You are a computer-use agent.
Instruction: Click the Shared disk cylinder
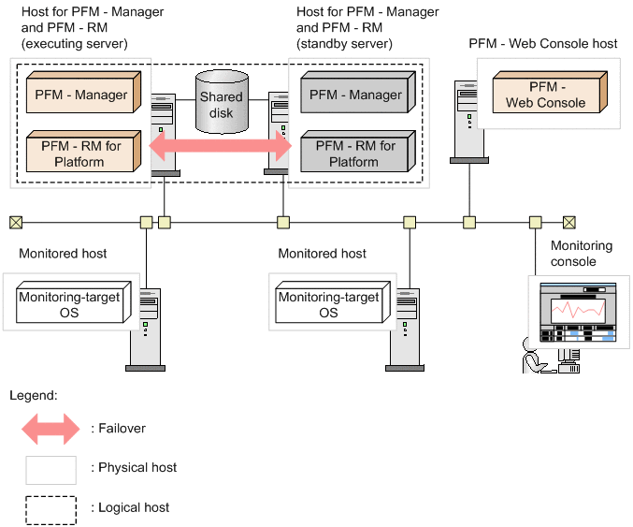(x=221, y=101)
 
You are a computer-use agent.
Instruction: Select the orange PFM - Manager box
(x=81, y=95)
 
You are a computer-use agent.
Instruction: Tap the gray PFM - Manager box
(x=352, y=95)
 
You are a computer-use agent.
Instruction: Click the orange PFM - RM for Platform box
(x=81, y=154)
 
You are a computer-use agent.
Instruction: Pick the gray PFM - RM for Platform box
(x=352, y=154)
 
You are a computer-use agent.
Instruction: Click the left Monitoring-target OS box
(x=68, y=304)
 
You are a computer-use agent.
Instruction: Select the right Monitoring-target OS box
(x=328, y=304)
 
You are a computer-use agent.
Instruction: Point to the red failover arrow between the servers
(x=221, y=147)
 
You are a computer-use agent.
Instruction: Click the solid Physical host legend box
(x=50, y=468)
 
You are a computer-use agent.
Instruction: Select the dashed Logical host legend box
(x=50, y=507)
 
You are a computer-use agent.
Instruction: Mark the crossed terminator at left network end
(x=16, y=222)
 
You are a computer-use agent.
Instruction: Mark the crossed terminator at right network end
(x=568, y=222)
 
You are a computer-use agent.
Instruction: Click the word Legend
(x=34, y=396)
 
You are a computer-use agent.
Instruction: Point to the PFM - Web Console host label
(x=543, y=44)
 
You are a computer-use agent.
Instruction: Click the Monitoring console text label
(x=582, y=254)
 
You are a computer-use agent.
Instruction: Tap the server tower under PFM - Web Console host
(x=465, y=122)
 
